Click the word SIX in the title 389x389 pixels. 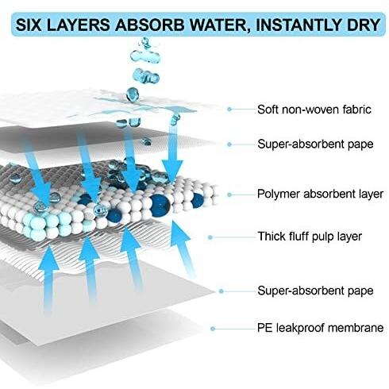pyautogui.click(x=29, y=25)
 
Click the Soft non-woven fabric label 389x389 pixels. pyautogui.click(x=314, y=110)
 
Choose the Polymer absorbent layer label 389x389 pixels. pyautogui.click(x=320, y=194)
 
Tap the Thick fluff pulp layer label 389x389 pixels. pyautogui.click(x=310, y=237)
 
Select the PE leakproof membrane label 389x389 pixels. pyautogui.click(x=321, y=328)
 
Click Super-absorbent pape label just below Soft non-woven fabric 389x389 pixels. pyautogui.click(x=315, y=144)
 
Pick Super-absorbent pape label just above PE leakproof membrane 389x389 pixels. pyautogui.click(x=315, y=291)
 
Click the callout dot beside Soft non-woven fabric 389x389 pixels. pyautogui.click(x=229, y=109)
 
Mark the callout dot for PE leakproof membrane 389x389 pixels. pyautogui.click(x=213, y=329)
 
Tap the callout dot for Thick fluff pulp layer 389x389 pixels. pyautogui.click(x=210, y=237)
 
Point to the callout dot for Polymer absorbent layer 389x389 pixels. pyautogui.click(x=229, y=194)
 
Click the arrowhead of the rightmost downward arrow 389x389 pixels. pyautogui.click(x=172, y=171)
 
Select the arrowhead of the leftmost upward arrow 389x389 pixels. pyautogui.click(x=48, y=259)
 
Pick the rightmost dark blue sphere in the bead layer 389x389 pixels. pyautogui.click(x=197, y=200)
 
